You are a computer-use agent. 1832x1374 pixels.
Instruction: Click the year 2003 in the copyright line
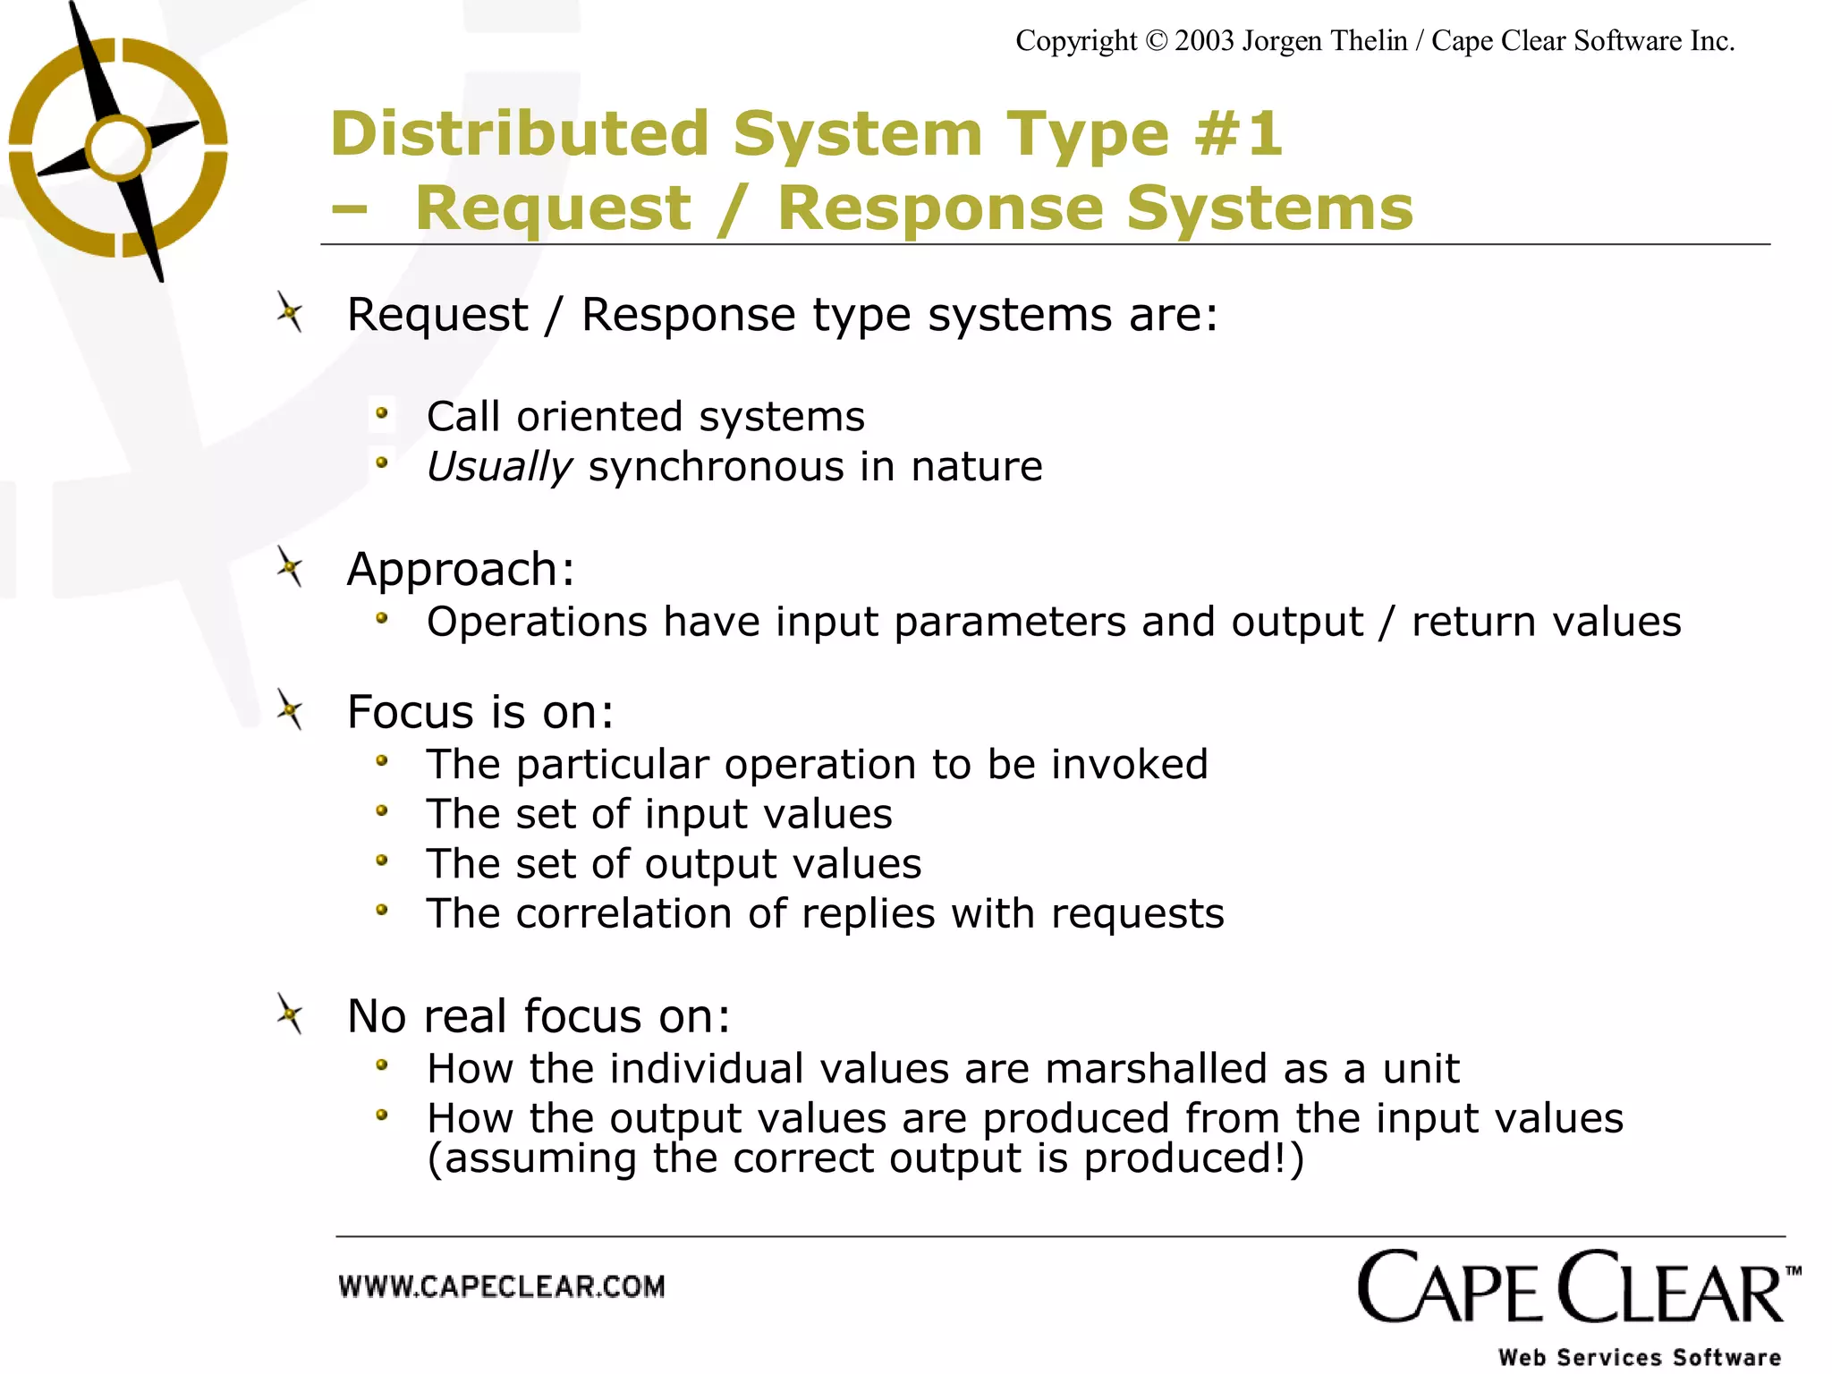point(1204,41)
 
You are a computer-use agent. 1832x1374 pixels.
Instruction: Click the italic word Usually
point(498,467)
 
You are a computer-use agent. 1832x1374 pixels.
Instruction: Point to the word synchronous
point(716,467)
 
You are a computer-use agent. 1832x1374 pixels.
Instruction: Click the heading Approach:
point(461,569)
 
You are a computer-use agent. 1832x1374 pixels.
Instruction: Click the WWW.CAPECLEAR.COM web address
point(502,1287)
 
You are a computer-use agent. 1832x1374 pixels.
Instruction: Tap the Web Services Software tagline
point(1640,1357)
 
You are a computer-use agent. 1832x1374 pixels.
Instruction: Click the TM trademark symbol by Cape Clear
point(1793,1271)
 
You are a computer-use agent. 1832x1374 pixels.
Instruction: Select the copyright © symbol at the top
point(1156,41)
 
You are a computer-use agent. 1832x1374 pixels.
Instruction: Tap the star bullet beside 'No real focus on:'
point(289,1014)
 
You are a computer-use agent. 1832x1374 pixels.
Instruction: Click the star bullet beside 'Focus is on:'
point(289,710)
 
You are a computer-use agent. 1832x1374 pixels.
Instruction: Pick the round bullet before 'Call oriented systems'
point(382,414)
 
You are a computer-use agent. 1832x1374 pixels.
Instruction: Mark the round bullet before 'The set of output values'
point(382,861)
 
